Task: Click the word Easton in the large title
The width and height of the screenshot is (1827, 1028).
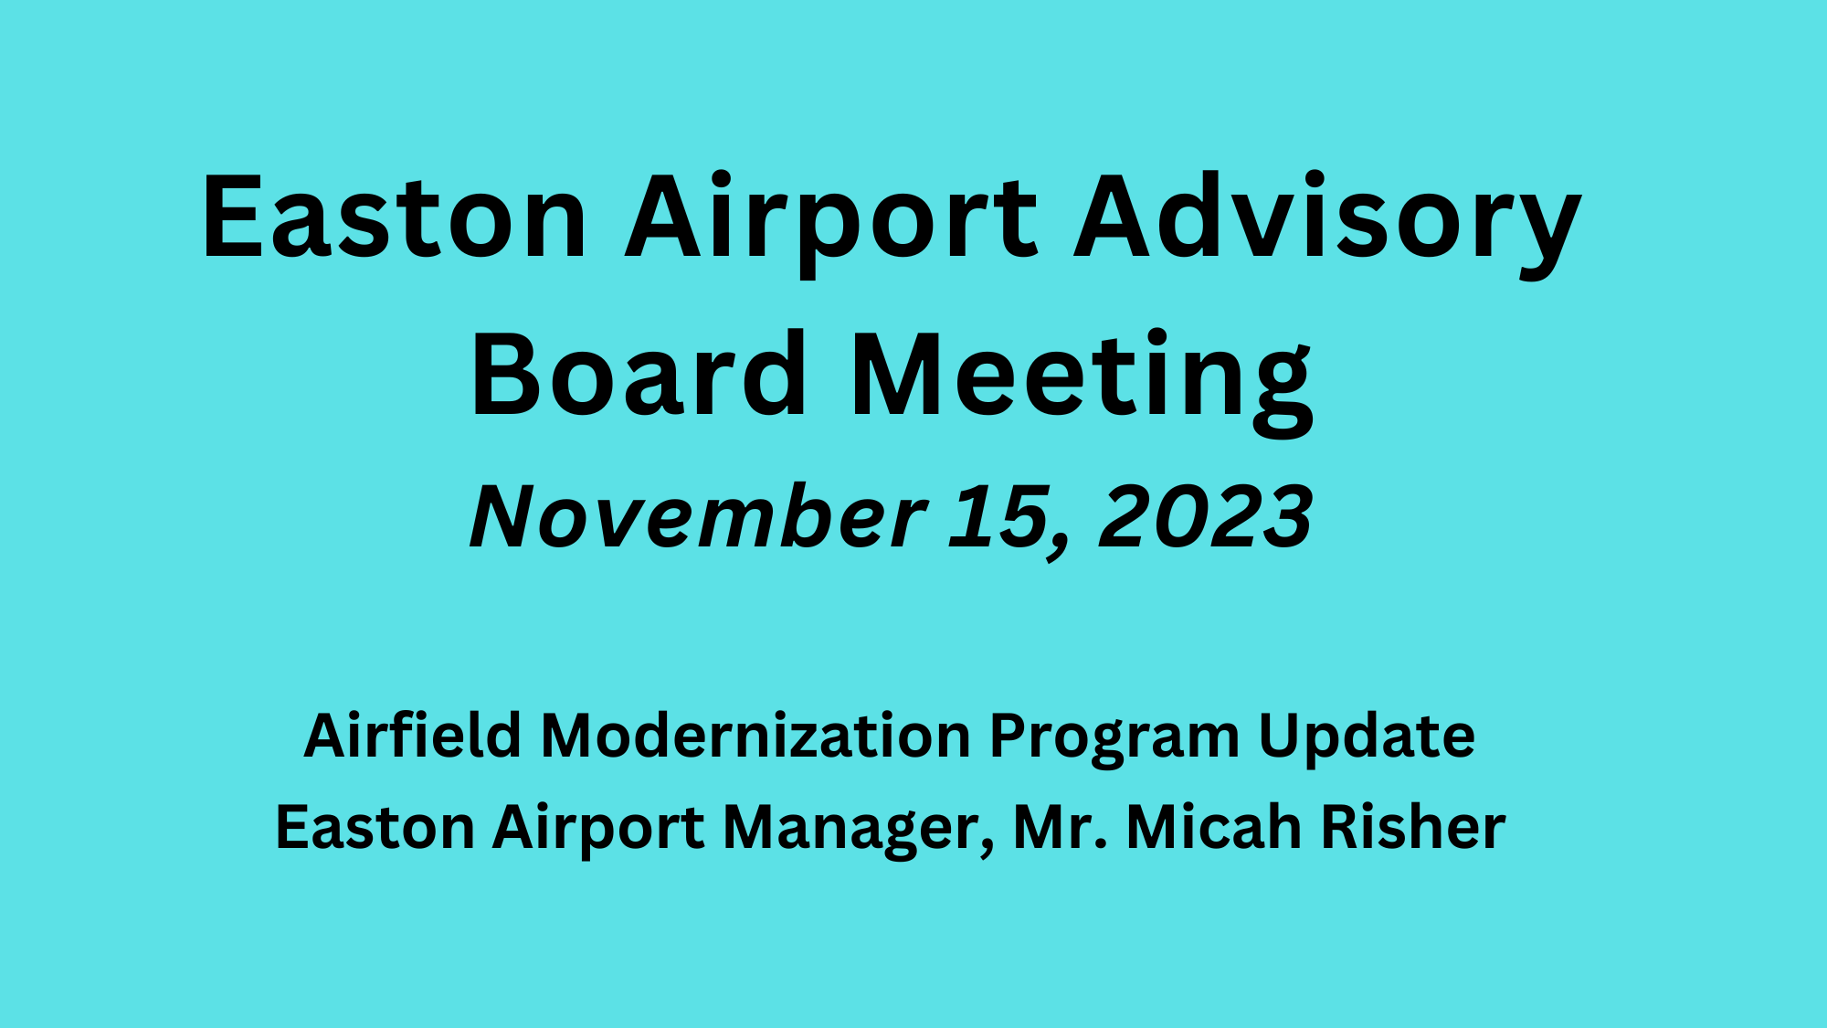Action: [394, 217]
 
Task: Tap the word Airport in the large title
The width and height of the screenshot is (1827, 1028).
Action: [831, 219]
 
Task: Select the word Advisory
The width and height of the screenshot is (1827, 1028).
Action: [1326, 219]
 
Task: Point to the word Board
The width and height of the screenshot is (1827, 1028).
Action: [639, 375]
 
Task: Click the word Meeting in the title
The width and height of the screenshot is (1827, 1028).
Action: [1082, 376]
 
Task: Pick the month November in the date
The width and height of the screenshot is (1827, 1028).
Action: [698, 516]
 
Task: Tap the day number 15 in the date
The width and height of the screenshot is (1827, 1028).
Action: [996, 516]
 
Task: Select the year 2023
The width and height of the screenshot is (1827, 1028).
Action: [1206, 516]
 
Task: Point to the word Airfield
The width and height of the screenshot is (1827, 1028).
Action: [412, 736]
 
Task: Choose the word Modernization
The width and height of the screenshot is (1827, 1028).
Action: [755, 736]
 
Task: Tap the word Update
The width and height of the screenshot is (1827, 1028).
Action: [1367, 737]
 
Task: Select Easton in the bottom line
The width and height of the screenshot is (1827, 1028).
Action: [375, 828]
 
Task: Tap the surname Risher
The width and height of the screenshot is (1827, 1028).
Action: [1414, 828]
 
